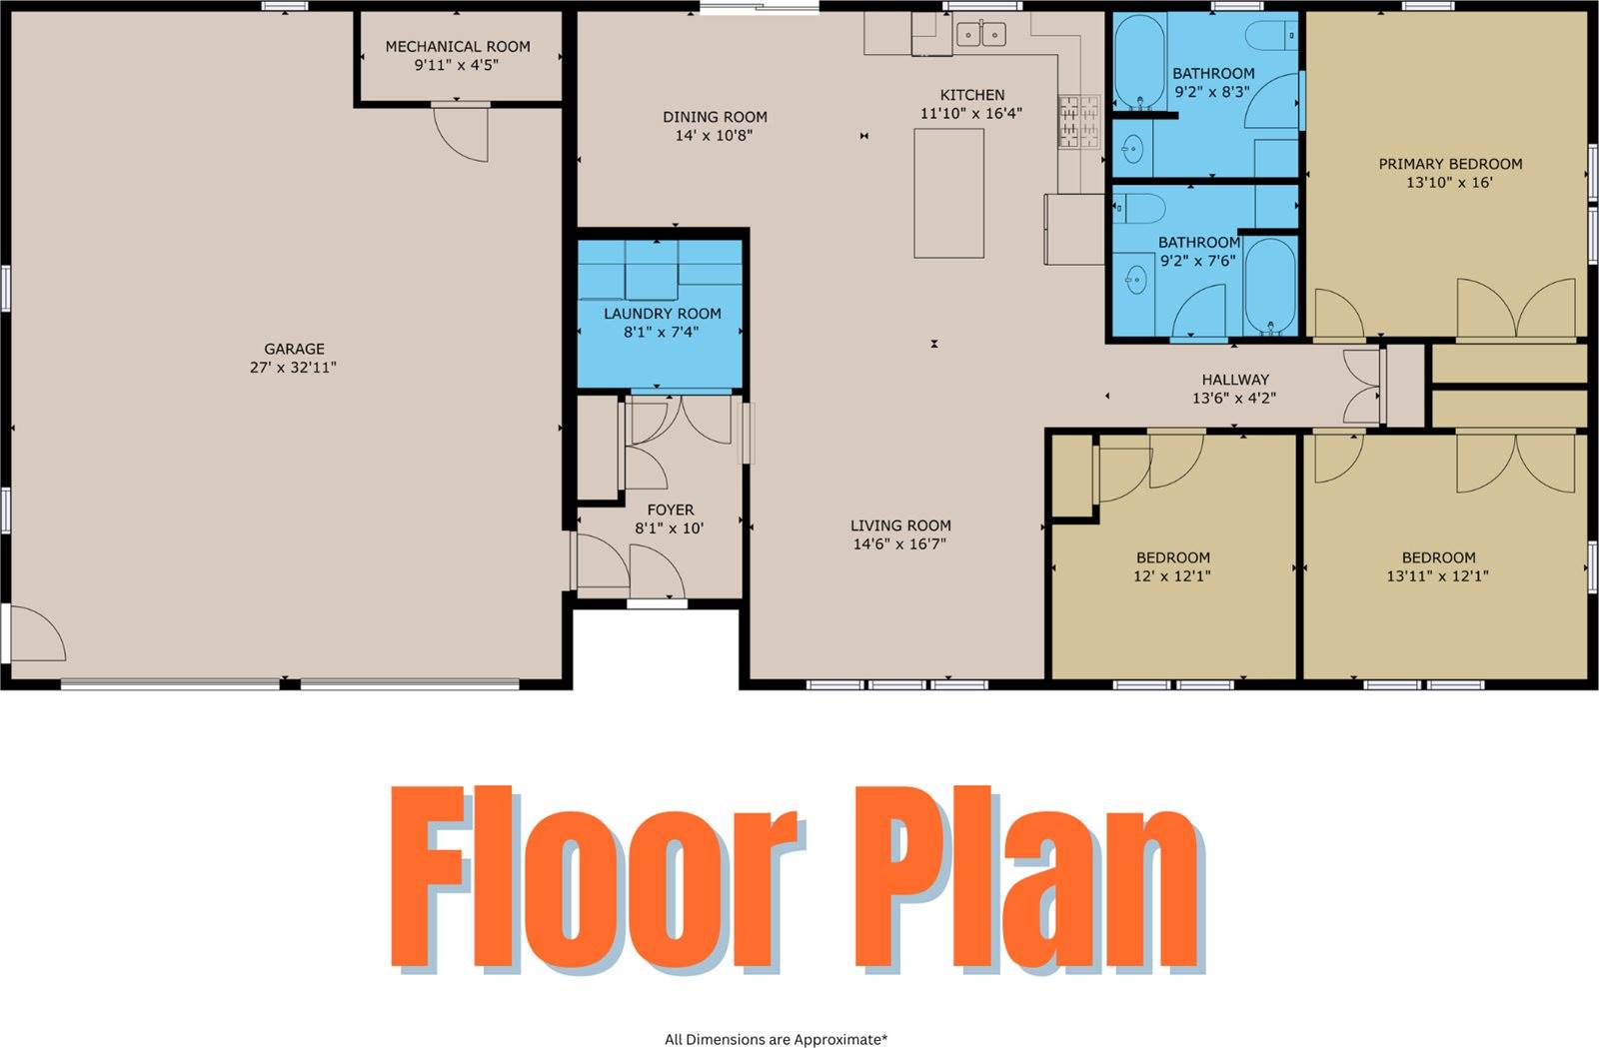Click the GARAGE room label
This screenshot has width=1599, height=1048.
294,349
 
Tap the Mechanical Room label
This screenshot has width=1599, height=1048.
458,47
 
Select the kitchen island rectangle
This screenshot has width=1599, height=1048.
948,193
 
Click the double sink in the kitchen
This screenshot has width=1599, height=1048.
980,36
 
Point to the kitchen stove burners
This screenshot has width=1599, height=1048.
1078,121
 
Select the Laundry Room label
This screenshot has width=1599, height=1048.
662,314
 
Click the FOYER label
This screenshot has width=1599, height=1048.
670,510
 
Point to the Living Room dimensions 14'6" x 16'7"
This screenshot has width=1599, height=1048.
899,544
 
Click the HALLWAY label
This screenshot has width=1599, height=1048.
1235,380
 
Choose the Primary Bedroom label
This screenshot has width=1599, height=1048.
1450,164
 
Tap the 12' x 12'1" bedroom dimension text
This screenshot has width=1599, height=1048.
1172,576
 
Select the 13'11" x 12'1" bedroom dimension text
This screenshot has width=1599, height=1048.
1438,576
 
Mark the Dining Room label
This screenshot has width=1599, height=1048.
715,117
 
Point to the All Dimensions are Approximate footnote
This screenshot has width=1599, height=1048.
776,1039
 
